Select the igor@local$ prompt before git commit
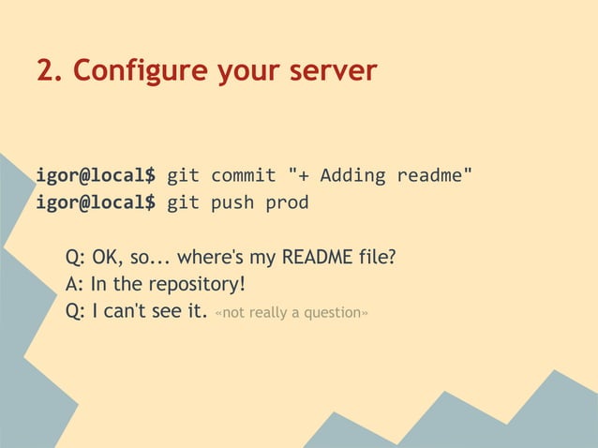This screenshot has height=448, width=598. [x=96, y=175]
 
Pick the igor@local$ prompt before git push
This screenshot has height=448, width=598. [x=96, y=202]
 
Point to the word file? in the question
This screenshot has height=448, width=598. [x=375, y=256]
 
